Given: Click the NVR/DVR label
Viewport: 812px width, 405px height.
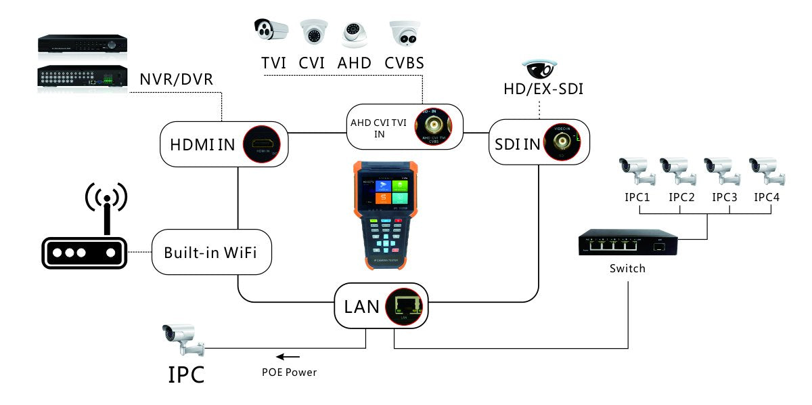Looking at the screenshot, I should tap(176, 80).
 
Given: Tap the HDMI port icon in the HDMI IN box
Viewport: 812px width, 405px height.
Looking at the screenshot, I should tap(263, 144).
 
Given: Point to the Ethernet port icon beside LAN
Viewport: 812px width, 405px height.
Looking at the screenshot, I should tap(406, 305).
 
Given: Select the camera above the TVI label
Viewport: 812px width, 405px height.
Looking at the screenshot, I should tap(271, 30).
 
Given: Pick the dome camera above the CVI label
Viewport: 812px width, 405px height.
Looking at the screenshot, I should tap(313, 32).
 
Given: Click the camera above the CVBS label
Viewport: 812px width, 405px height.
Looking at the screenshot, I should tap(404, 33).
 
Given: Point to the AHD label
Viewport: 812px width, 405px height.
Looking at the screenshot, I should tap(355, 64).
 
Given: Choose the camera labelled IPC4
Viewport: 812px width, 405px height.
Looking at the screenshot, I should tap(767, 170).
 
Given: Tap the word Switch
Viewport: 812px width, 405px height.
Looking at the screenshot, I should tap(627, 269).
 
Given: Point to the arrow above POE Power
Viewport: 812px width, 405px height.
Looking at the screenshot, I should tap(288, 356).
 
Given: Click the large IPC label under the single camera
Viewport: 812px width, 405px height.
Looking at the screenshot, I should tap(186, 375).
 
